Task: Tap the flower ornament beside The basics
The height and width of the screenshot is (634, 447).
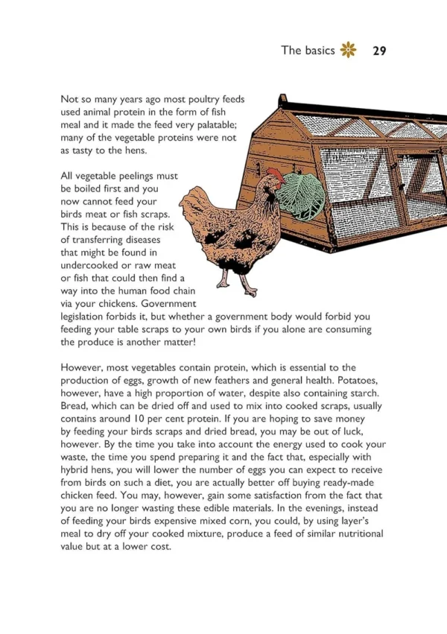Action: tap(348, 51)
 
